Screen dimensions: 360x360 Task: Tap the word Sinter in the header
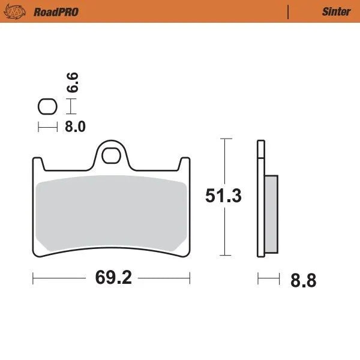coord(336,11)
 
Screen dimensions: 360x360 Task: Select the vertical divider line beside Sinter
coord(289,11)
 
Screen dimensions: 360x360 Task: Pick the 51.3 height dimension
coord(223,196)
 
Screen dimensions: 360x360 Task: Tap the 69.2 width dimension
coord(112,278)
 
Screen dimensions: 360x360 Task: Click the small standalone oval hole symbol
coord(47,107)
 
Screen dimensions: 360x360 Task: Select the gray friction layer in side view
coord(271,213)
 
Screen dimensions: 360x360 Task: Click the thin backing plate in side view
coord(260,198)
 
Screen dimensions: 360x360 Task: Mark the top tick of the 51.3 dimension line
coord(224,139)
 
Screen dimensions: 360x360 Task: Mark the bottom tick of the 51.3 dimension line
coord(224,255)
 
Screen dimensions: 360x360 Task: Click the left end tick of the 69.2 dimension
coord(33,278)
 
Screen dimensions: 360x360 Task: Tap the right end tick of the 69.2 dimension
coord(190,278)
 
